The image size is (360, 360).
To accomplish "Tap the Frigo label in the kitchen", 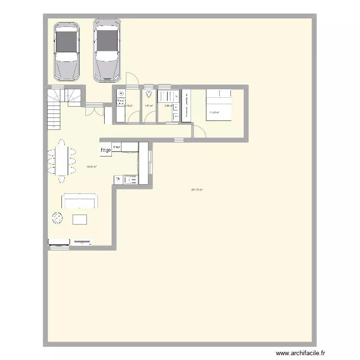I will click(x=106, y=150).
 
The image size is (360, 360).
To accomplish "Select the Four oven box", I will click(x=117, y=147).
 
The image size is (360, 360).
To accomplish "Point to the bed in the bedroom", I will click(x=218, y=105).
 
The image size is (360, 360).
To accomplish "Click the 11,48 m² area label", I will click(x=214, y=113).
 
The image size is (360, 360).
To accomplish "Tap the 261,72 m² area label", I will click(x=197, y=190).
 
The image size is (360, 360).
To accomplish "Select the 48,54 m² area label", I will click(x=91, y=167).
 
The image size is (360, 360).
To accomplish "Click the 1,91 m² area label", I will click(x=149, y=106).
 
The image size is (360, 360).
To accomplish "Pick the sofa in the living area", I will click(x=80, y=201).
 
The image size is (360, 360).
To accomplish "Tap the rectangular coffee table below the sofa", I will click(x=80, y=219).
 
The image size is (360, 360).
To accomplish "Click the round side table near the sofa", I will click(x=58, y=218).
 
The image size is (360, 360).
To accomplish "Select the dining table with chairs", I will click(x=61, y=161).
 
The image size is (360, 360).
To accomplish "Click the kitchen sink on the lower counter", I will click(x=130, y=180).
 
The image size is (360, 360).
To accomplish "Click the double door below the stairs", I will click(x=94, y=111).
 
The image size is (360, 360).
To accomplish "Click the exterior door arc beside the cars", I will click(x=132, y=79).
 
